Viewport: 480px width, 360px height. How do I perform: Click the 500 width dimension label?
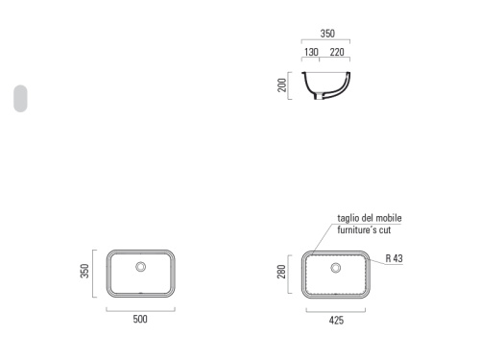[140, 319]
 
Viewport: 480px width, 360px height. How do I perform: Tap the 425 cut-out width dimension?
[336, 321]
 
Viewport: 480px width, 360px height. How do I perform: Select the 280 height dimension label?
[281, 272]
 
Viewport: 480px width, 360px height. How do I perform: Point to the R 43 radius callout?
[394, 258]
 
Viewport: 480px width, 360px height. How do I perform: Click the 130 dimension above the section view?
[311, 52]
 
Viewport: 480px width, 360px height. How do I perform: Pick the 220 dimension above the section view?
[337, 52]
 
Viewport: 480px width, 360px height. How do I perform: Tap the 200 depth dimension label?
[281, 85]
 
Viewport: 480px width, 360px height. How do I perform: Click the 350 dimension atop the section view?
[327, 34]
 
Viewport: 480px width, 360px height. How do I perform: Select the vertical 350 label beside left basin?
[84, 271]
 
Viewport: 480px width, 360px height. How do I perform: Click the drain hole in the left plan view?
[141, 267]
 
